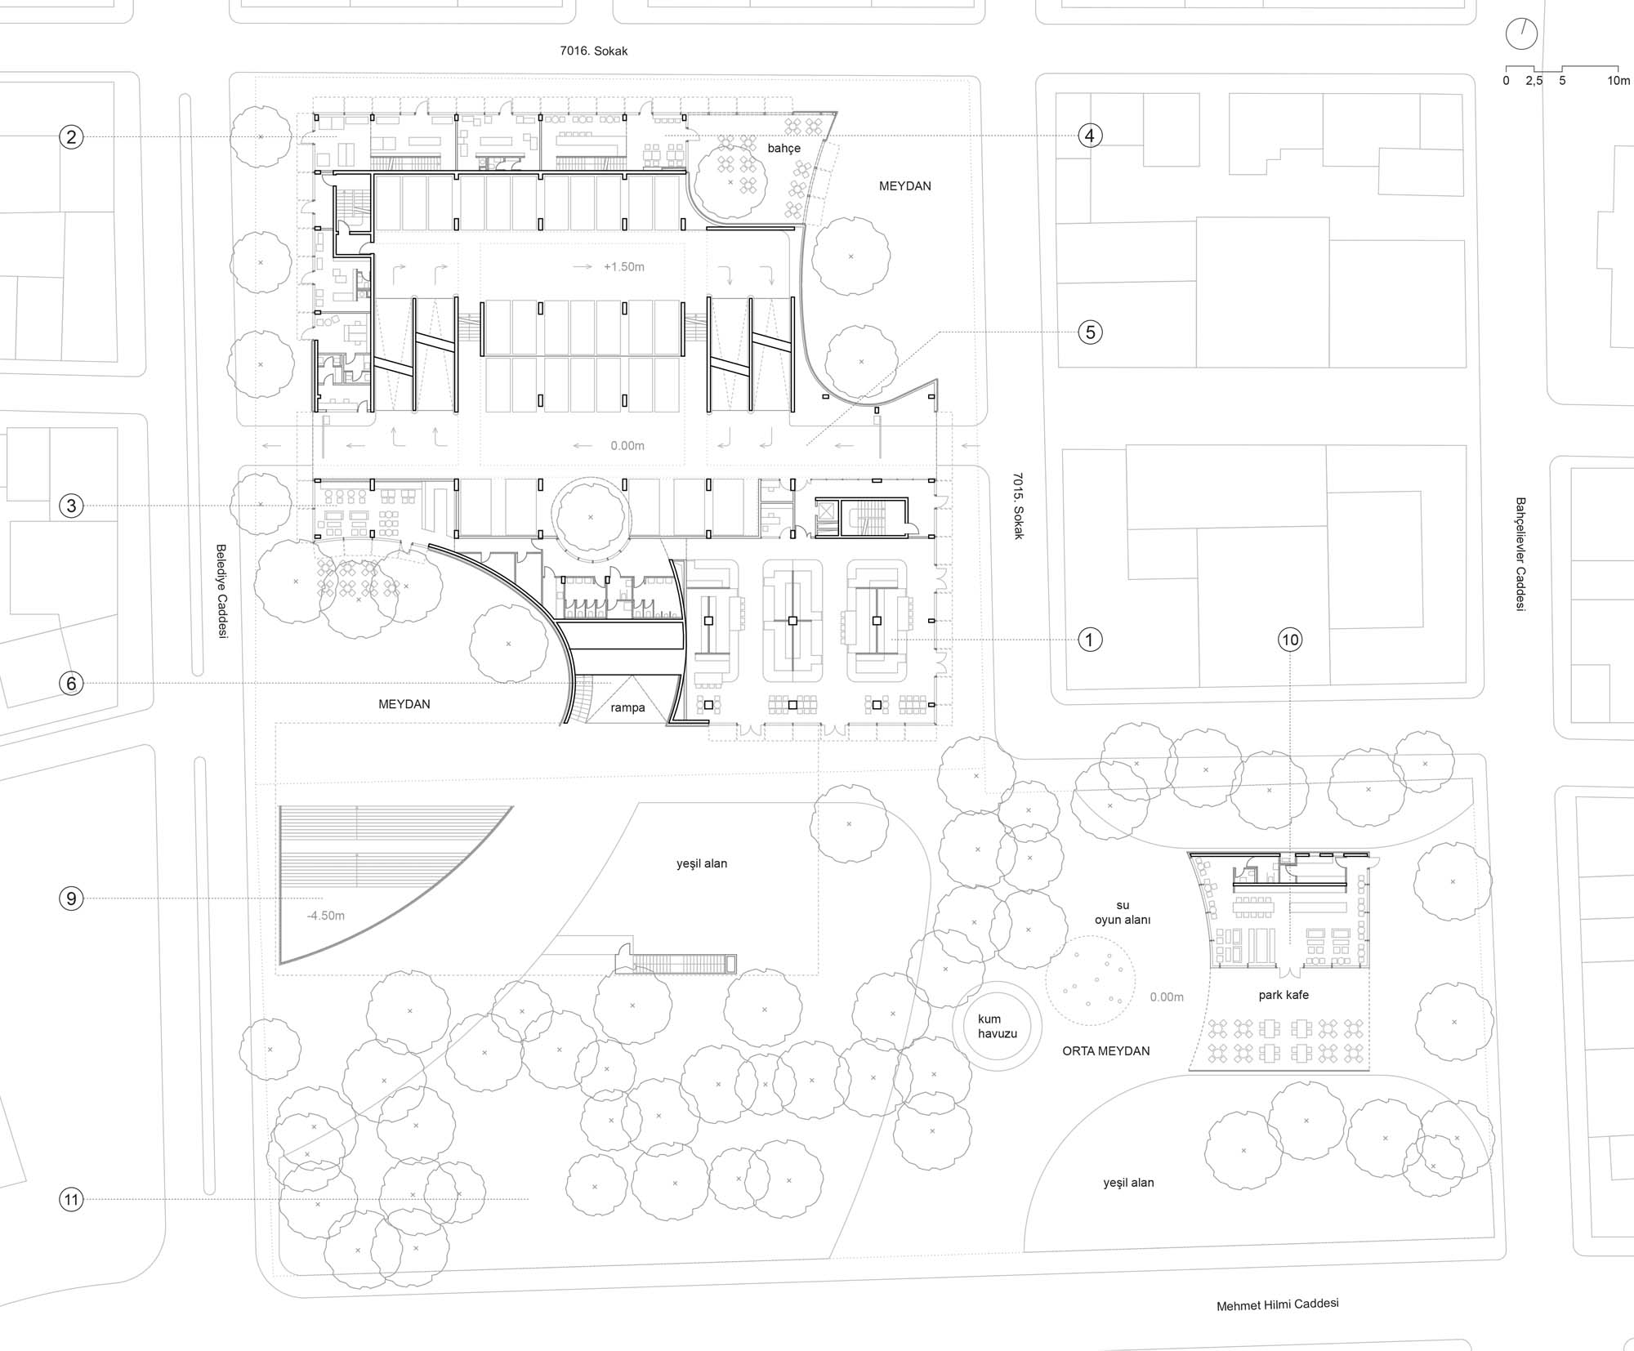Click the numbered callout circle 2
71,136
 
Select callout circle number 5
1090,332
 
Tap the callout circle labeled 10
1290,640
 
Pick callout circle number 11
71,1200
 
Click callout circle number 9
71,899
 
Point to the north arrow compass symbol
1521,34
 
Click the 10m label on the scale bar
1618,81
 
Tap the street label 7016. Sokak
594,51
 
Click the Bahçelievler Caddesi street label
1520,555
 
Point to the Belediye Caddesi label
221,591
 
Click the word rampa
627,708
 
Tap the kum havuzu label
998,1027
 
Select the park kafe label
1284,996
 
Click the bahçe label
784,149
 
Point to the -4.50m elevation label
326,916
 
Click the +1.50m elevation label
624,267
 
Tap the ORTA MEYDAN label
1106,1051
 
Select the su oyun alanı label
1123,912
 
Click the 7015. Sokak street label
1018,506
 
